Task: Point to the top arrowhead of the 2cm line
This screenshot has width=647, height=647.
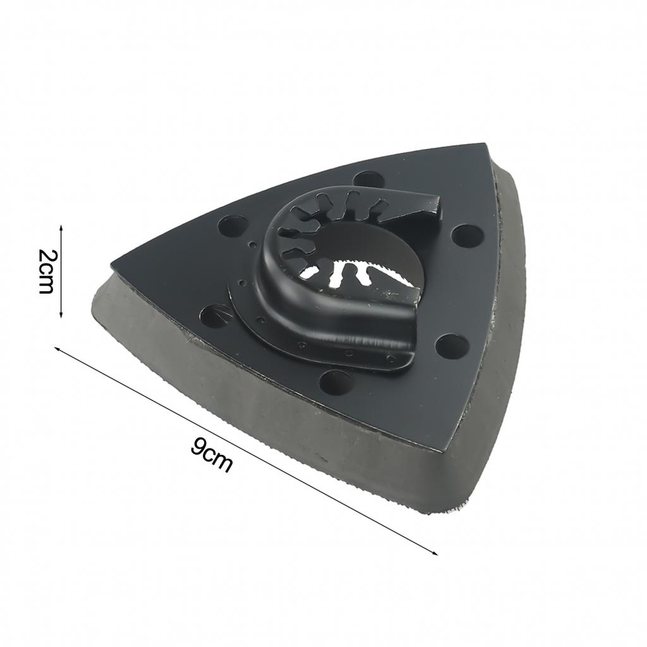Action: [61, 227]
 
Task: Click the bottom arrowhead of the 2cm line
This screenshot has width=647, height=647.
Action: [61, 315]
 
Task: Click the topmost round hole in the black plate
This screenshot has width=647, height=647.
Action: [365, 179]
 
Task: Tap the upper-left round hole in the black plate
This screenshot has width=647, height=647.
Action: [233, 225]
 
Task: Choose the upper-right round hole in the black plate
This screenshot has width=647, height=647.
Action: [468, 235]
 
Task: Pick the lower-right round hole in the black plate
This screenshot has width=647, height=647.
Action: [452, 346]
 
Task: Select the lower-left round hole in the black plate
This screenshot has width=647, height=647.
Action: [215, 315]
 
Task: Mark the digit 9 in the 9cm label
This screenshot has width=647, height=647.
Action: [198, 447]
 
